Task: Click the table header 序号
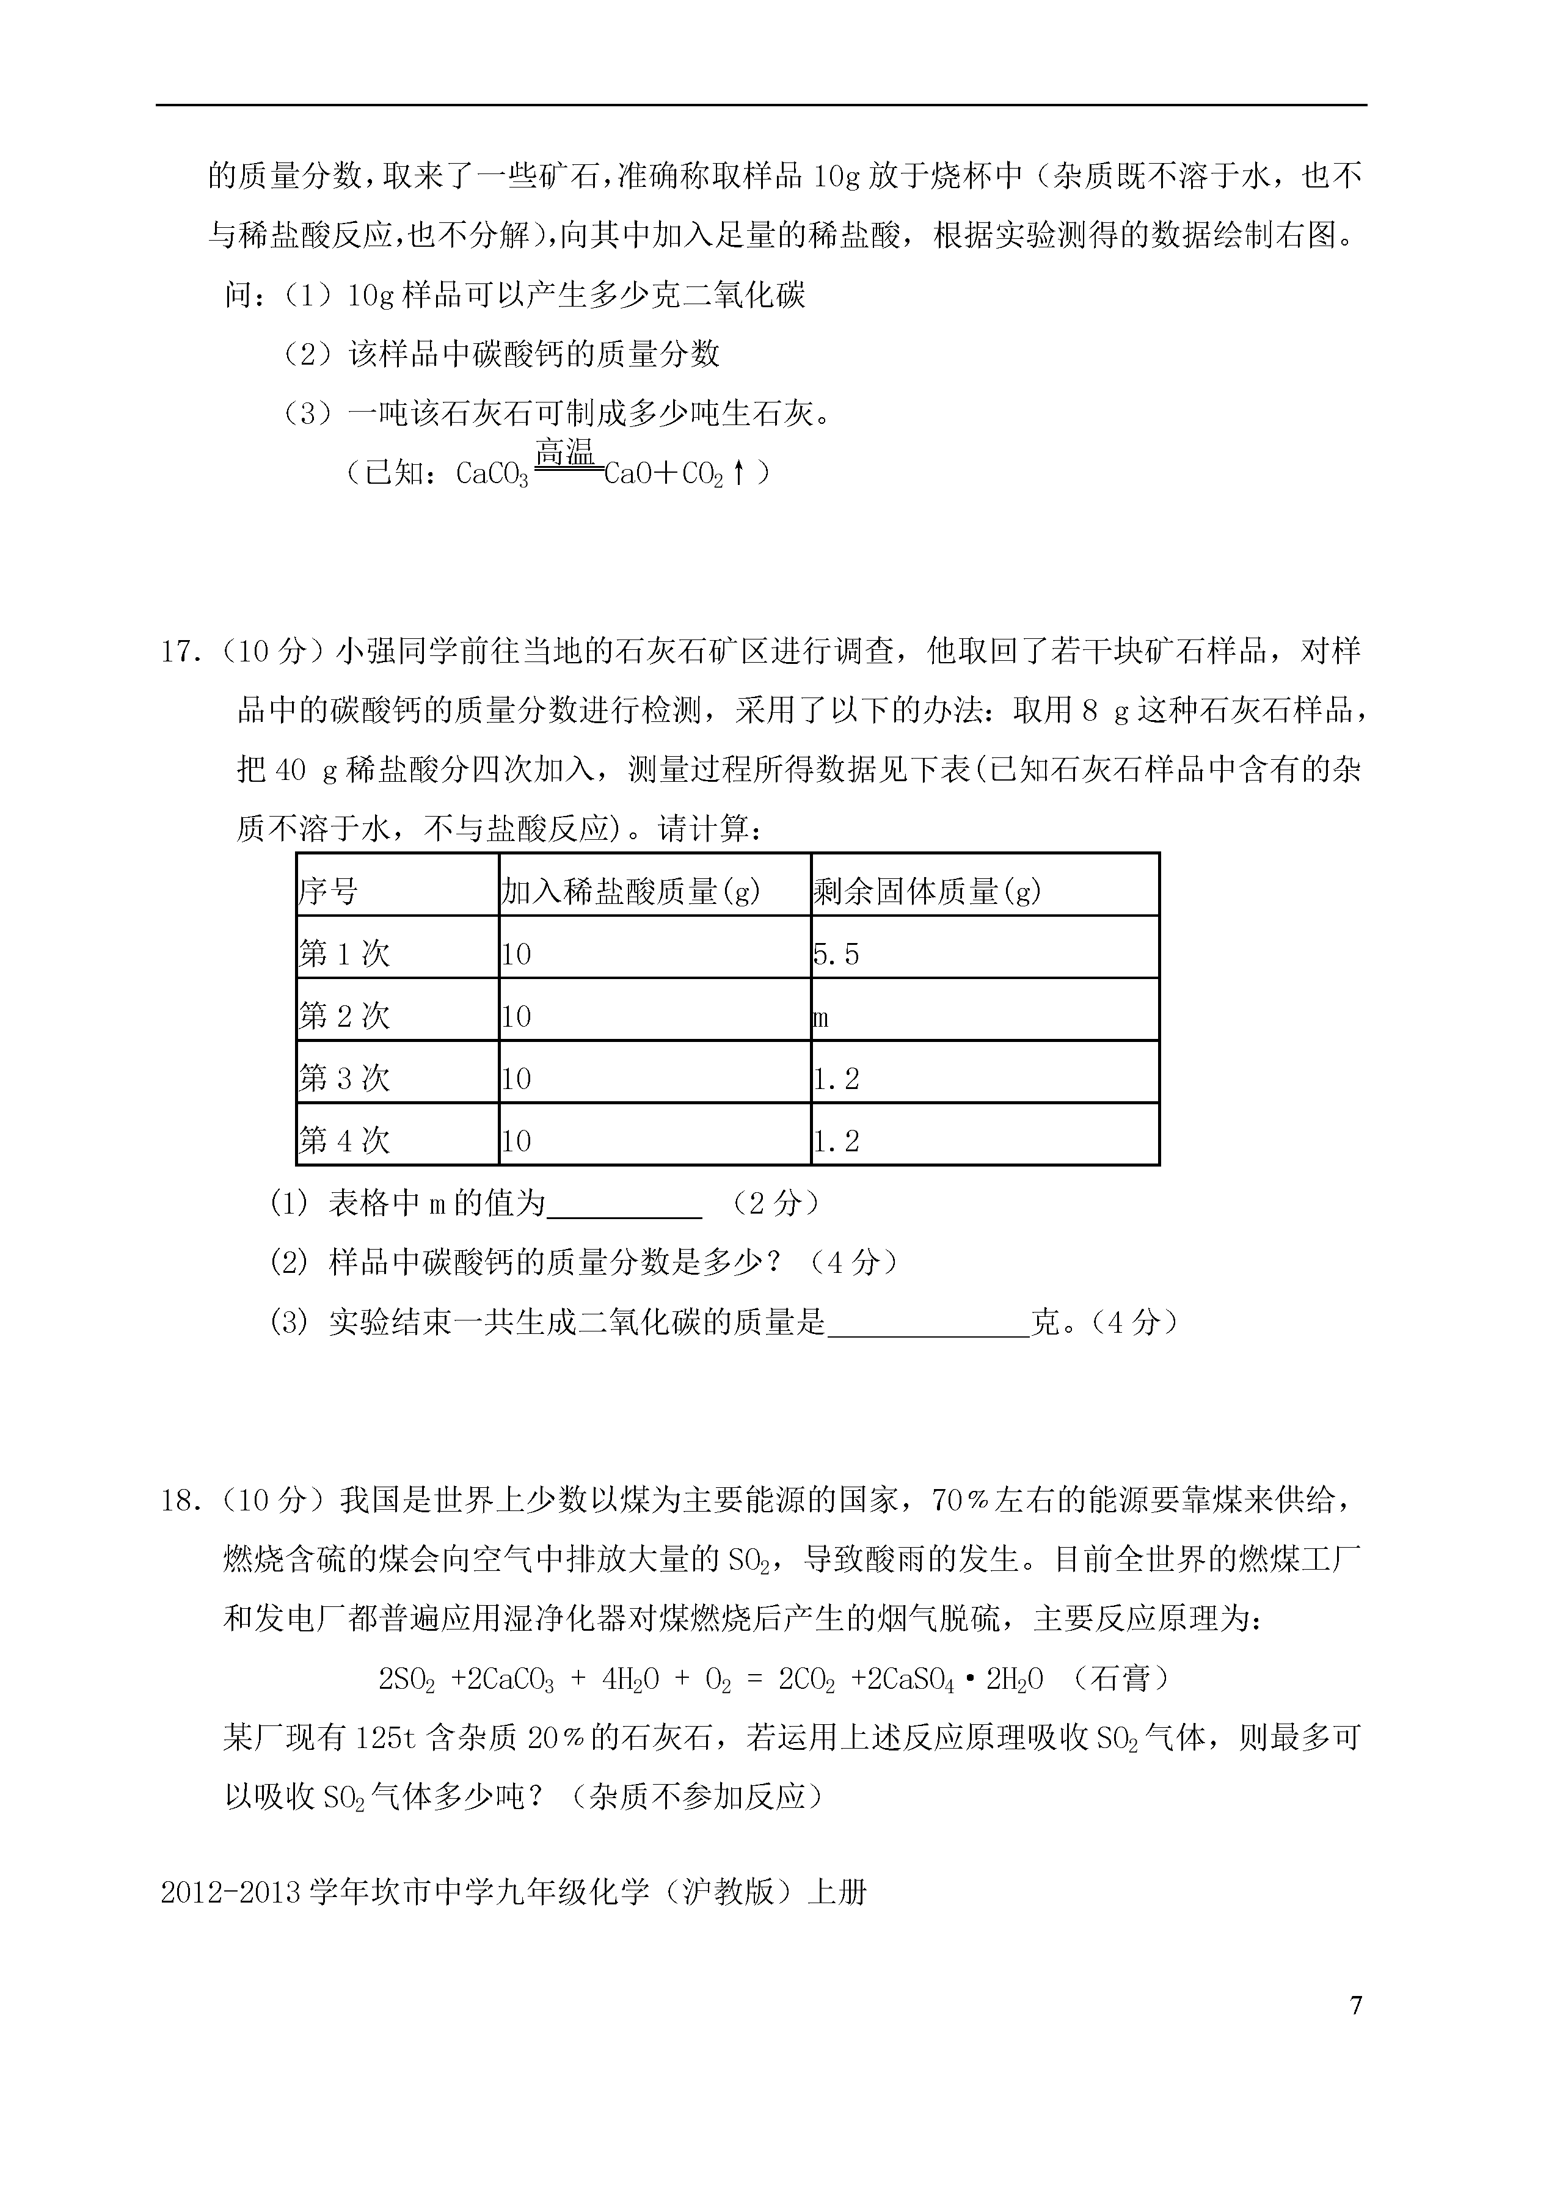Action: pyautogui.click(x=329, y=892)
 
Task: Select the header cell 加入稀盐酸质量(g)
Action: pyautogui.click(x=630, y=892)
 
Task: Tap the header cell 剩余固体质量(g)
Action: pyautogui.click(x=927, y=892)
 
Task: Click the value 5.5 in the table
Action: pyautogui.click(x=837, y=955)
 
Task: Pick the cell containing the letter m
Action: pyautogui.click(x=820, y=1018)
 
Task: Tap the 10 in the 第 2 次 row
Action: pyautogui.click(x=516, y=1018)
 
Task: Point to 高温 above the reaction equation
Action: pyautogui.click(x=566, y=451)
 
